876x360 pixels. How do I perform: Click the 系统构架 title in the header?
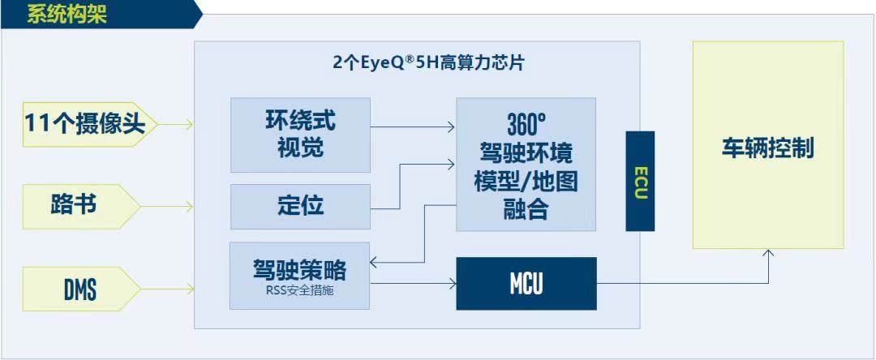[67, 15]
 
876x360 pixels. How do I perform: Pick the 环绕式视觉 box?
[301, 135]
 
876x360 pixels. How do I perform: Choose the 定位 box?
[301, 207]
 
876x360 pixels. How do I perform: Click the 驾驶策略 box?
[299, 276]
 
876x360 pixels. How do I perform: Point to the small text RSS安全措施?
[299, 291]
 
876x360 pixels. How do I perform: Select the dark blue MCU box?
[526, 284]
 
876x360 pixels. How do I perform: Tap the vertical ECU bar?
[640, 181]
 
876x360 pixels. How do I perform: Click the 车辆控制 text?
[768, 148]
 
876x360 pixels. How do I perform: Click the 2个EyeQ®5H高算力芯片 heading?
[428, 62]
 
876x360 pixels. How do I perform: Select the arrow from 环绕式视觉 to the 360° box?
[413, 127]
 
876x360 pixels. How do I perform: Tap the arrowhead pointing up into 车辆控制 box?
[769, 253]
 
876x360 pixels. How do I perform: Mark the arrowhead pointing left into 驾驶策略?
[375, 263]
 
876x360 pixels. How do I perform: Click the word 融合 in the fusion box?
[526, 210]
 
